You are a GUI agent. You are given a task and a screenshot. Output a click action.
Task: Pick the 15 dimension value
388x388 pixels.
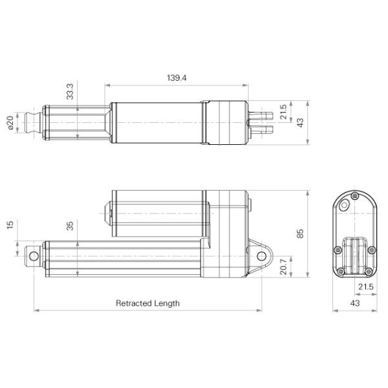point(10,224)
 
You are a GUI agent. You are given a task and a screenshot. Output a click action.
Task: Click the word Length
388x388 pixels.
point(167,303)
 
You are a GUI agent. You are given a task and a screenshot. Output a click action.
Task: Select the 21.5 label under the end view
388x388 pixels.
point(365,286)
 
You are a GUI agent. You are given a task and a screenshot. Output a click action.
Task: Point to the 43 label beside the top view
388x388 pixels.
point(299,121)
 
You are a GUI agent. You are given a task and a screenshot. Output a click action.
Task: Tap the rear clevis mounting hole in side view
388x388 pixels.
point(262,256)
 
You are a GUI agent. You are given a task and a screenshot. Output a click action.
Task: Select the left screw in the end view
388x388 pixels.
point(339,250)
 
